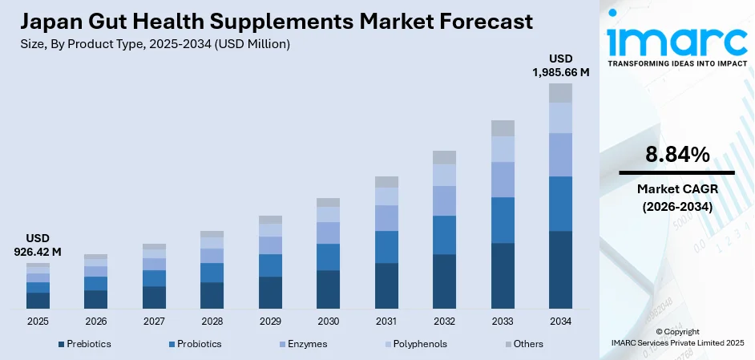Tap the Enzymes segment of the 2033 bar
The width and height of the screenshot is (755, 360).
point(502,180)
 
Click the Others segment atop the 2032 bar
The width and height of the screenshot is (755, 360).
point(444,157)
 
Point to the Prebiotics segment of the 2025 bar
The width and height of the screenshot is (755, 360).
point(38,301)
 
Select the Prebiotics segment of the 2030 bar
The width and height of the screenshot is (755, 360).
point(328,289)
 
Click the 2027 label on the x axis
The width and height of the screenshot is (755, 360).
point(154,321)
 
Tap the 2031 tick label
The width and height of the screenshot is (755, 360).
point(386,321)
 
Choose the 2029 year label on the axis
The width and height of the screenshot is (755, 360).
point(270,321)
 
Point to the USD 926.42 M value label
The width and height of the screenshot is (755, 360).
point(38,245)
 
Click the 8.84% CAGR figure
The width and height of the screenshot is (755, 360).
point(676,155)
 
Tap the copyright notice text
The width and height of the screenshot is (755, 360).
point(677,337)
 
